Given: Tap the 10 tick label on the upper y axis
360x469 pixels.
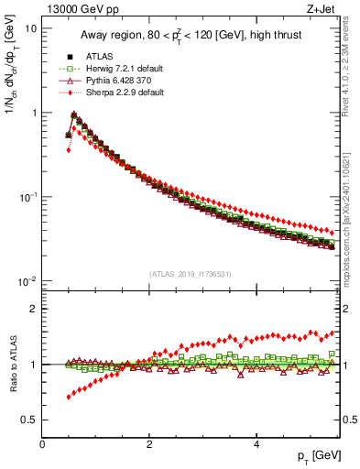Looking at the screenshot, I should (x=29, y=28).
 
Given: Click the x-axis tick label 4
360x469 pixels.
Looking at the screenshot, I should (x=256, y=443).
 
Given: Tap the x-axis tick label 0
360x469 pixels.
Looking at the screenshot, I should (x=43, y=443).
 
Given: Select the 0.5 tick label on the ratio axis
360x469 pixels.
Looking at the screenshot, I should (x=28, y=420).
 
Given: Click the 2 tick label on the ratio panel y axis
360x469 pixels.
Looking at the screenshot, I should (x=33, y=309).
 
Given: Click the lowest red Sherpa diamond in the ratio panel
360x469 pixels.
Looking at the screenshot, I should (x=69, y=397).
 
